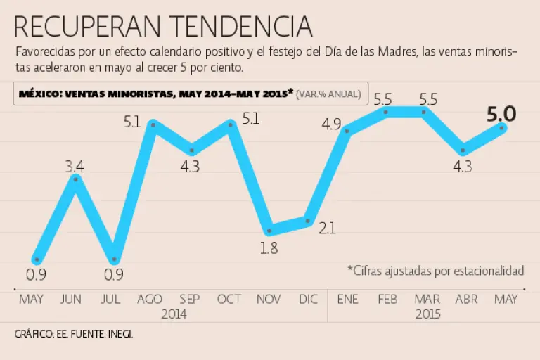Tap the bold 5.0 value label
tap(502, 114)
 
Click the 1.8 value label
tap(269, 247)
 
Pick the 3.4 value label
tap(75, 167)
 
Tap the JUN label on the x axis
tap(71, 299)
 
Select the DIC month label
tap(308, 299)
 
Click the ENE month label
tap(347, 299)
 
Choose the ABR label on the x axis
tap(465, 299)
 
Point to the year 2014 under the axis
tap(174, 314)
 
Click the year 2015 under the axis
tap(427, 314)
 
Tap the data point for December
tap(307, 221)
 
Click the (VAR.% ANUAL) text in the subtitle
tap(329, 93)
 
